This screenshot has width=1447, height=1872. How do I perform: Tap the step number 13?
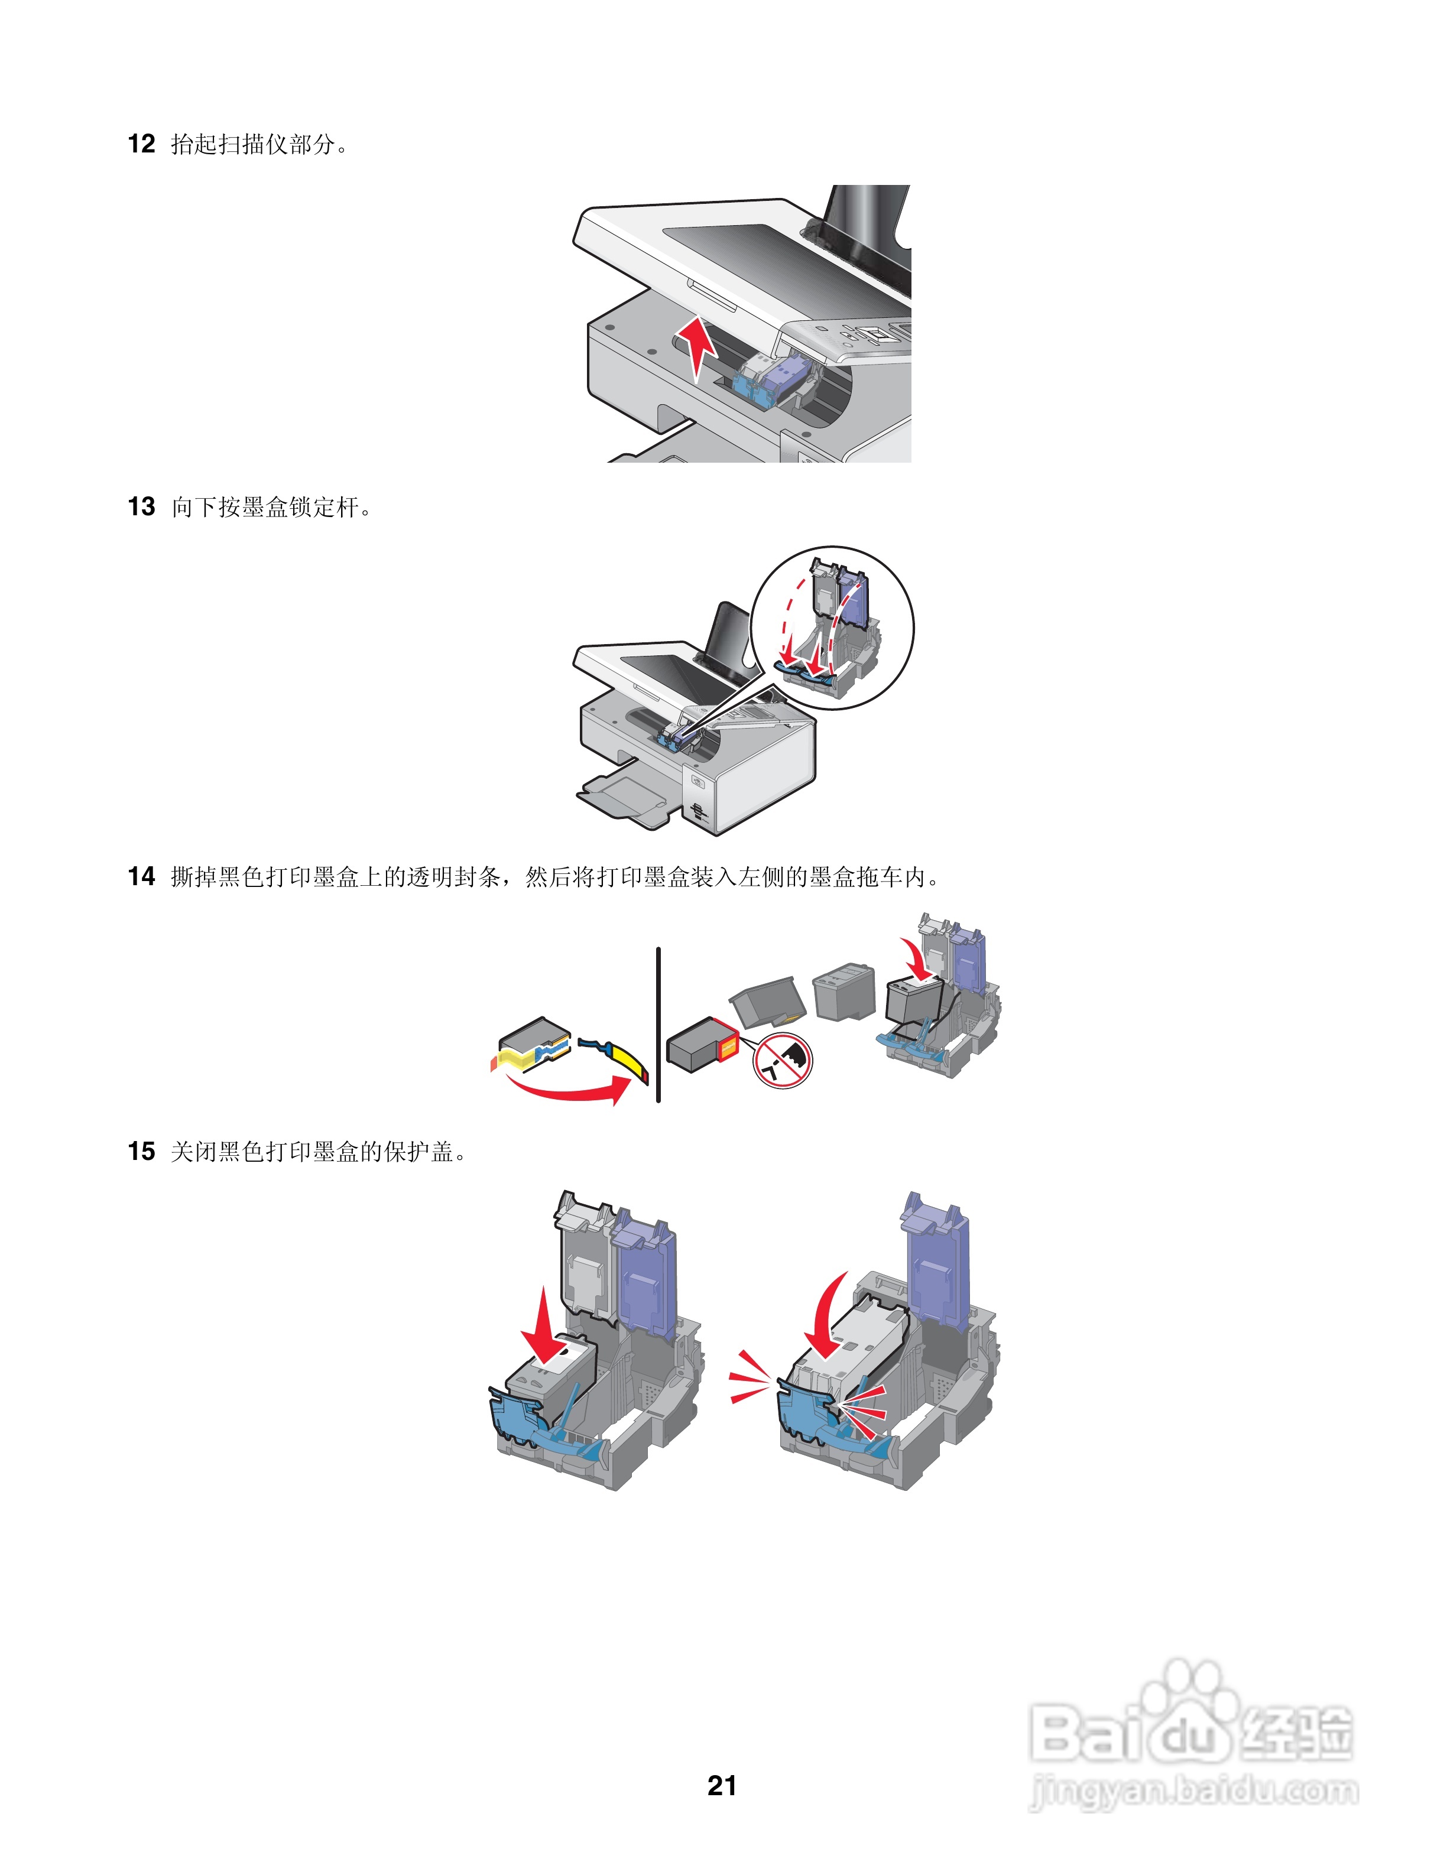(x=141, y=506)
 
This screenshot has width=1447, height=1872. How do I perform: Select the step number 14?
(x=141, y=876)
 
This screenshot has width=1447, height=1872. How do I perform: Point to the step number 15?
(x=141, y=1151)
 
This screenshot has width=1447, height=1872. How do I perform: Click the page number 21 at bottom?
(x=722, y=1785)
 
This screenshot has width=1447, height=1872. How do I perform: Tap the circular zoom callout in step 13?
(x=832, y=628)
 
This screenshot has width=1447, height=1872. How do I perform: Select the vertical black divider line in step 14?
(x=658, y=1024)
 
